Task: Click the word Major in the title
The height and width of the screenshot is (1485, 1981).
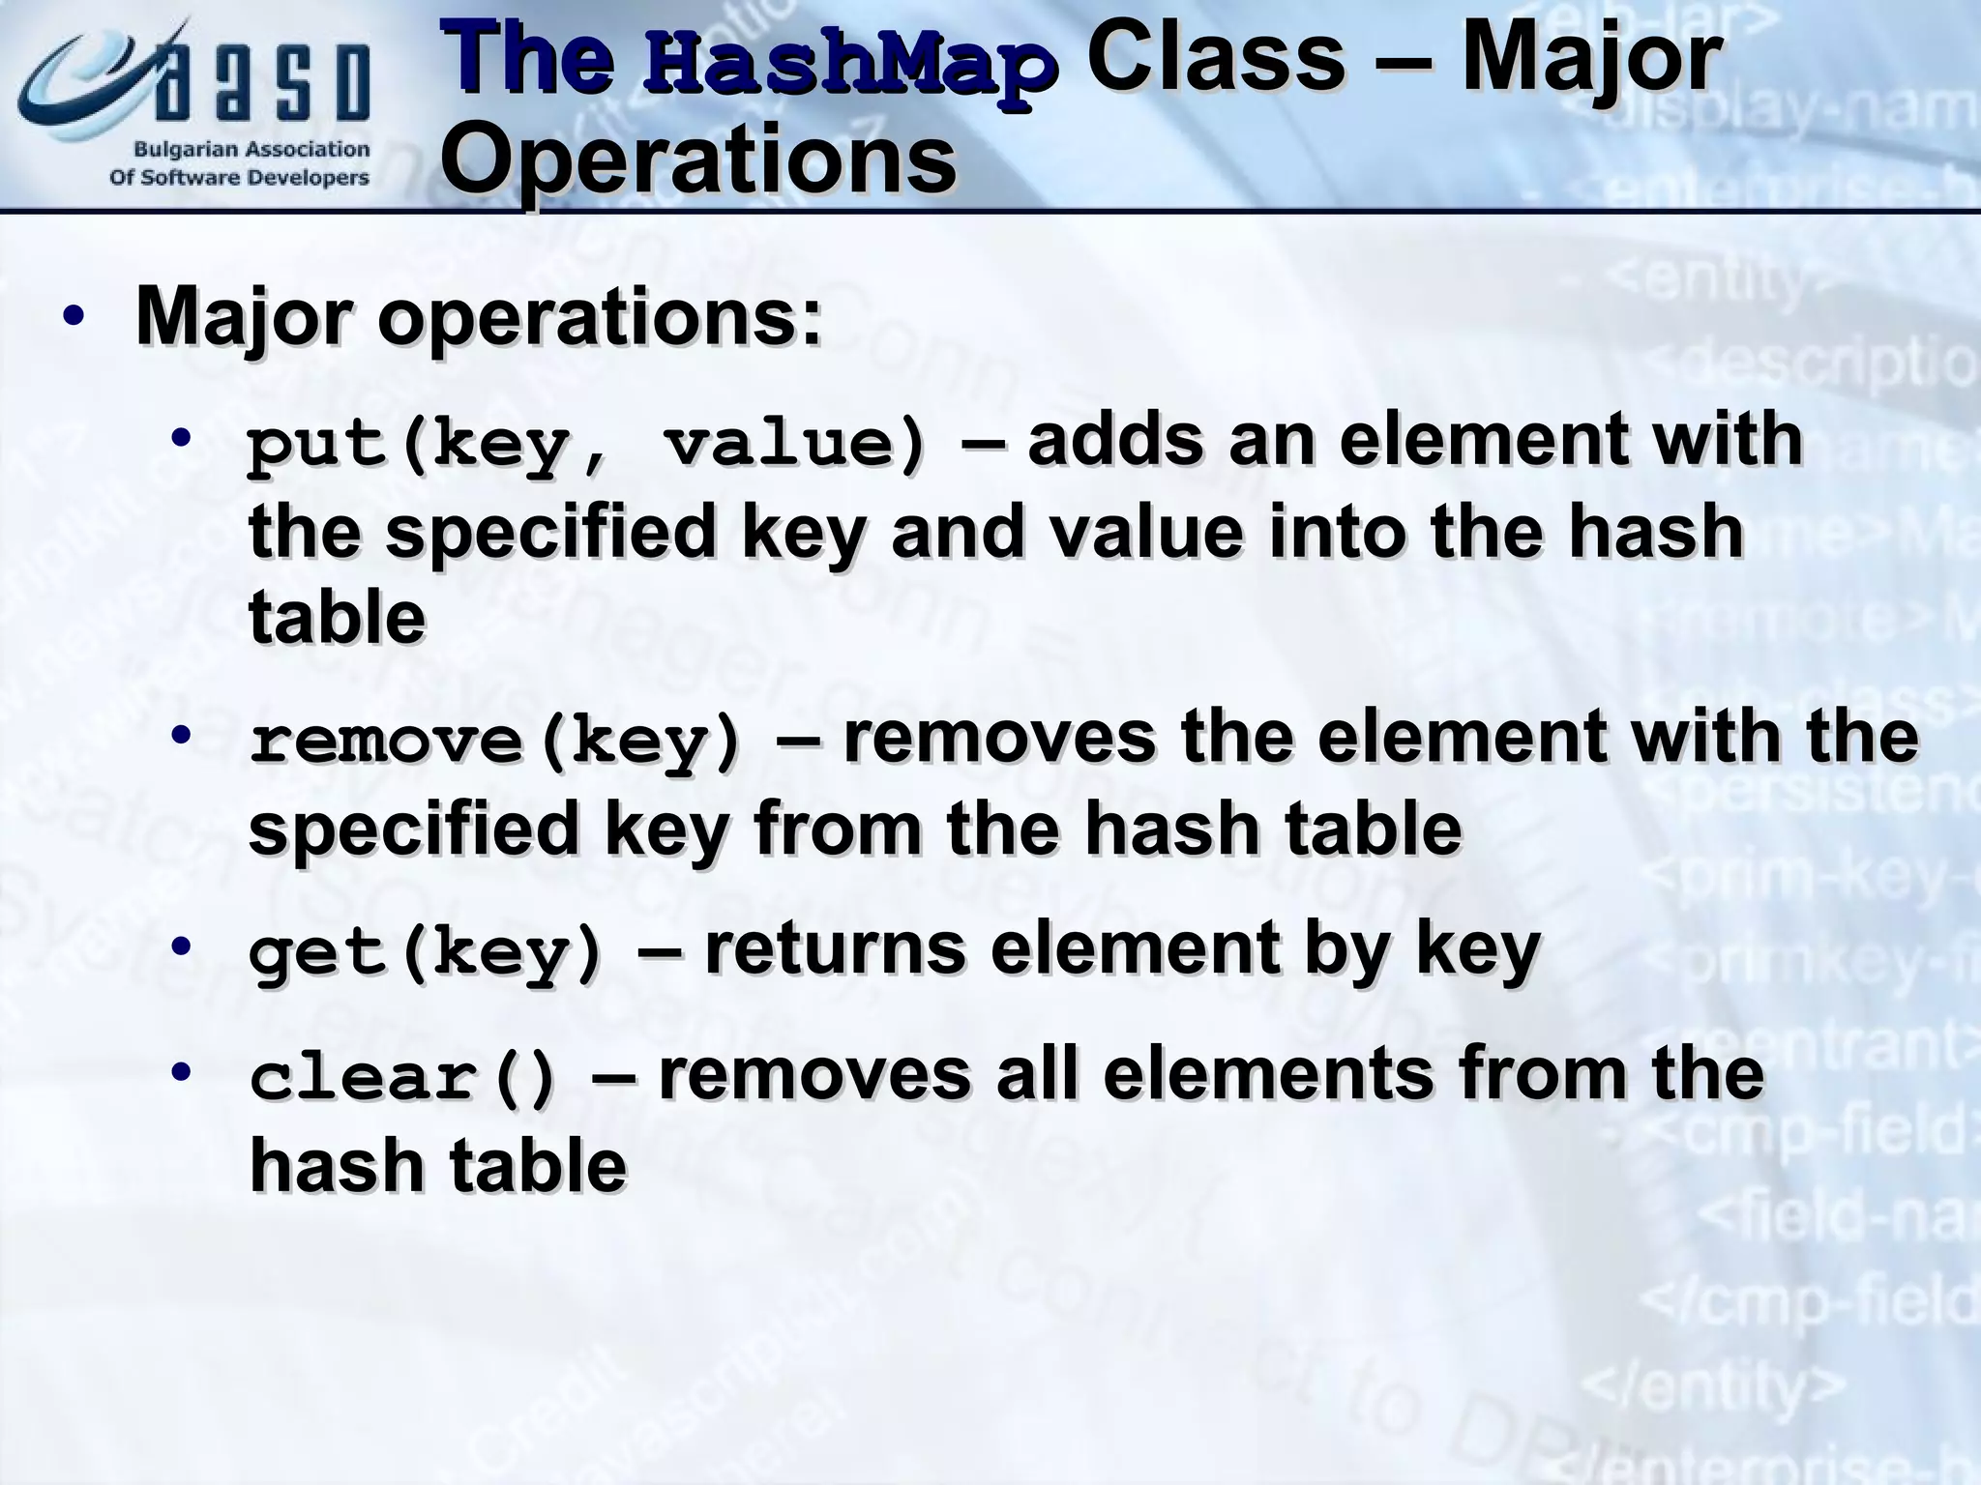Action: click(1590, 60)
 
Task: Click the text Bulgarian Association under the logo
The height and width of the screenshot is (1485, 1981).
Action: click(251, 150)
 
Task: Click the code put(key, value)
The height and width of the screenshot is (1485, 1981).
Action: click(586, 446)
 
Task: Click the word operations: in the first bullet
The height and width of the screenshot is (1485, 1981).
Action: click(600, 317)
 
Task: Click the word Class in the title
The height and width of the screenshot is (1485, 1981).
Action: click(1215, 60)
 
